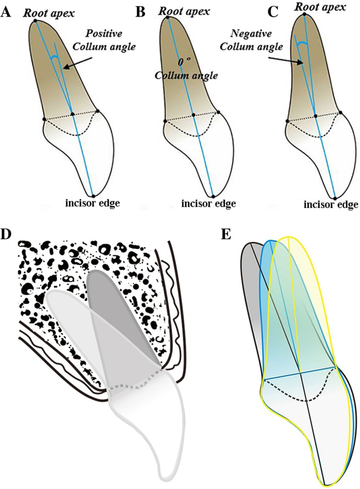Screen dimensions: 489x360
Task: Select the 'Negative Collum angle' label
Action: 258,40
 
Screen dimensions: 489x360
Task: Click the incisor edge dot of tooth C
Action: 335,198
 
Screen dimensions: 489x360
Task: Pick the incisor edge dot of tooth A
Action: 92,195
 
